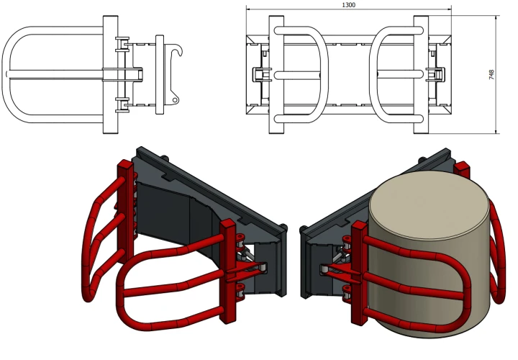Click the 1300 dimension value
pyautogui.click(x=348, y=4)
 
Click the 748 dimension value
pyautogui.click(x=491, y=75)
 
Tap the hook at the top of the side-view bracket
pyautogui.click(x=177, y=52)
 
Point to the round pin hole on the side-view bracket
pyautogui.click(x=175, y=99)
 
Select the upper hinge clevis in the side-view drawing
pyautogui.click(x=122, y=45)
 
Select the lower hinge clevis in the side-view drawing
pyautogui.click(x=122, y=105)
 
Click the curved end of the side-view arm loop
pyautogui.click(x=6, y=74)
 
